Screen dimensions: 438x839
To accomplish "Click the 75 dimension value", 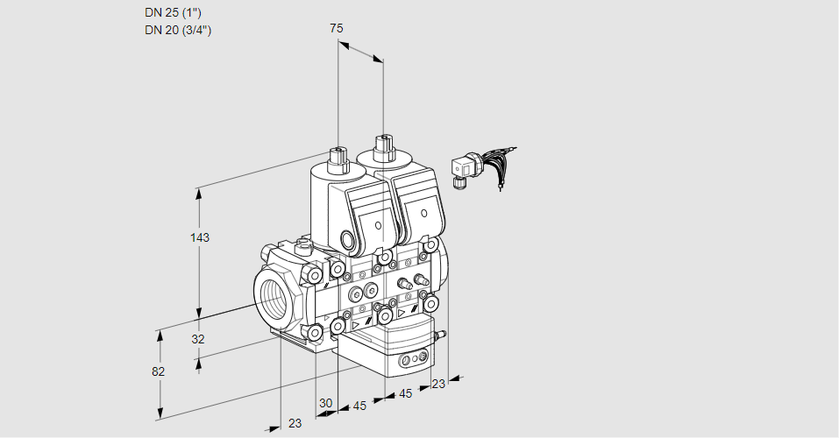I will tap(337, 28).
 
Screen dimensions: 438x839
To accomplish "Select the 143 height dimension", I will tap(201, 237).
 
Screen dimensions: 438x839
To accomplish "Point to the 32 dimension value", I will tap(197, 339).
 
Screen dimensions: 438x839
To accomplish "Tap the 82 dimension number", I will tap(158, 371).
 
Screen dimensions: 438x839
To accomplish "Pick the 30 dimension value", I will tap(326, 403).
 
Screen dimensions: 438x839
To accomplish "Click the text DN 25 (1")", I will tap(179, 13).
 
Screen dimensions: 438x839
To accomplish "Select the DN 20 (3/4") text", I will tap(179, 30).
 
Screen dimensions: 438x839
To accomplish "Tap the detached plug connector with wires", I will tap(463, 168).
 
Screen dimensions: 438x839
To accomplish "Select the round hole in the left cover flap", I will tap(379, 225).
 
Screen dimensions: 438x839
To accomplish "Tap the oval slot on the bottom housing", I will tap(410, 360).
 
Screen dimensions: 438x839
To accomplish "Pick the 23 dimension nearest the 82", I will tap(295, 423).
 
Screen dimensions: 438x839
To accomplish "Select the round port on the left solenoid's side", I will tap(348, 240).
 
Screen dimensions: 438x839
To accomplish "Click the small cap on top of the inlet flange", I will tap(304, 245).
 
